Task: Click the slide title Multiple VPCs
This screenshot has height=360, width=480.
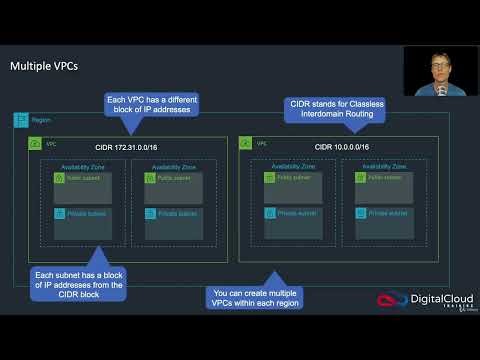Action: pyautogui.click(x=44, y=67)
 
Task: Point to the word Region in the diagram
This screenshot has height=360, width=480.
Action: pyautogui.click(x=41, y=121)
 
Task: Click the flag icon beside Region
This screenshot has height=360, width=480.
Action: pyautogui.click(x=20, y=120)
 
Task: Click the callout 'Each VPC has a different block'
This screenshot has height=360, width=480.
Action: pyautogui.click(x=154, y=104)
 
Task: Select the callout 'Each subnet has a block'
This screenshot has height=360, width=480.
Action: pyautogui.click(x=80, y=284)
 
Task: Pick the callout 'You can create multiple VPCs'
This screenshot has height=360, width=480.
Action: pyautogui.click(x=255, y=297)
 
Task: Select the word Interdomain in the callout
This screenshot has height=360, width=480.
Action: pyautogui.click(x=308, y=115)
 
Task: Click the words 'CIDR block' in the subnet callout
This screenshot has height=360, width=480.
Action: pyautogui.click(x=79, y=296)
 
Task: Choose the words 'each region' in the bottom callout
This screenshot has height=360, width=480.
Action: pyautogui.click(x=272, y=303)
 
